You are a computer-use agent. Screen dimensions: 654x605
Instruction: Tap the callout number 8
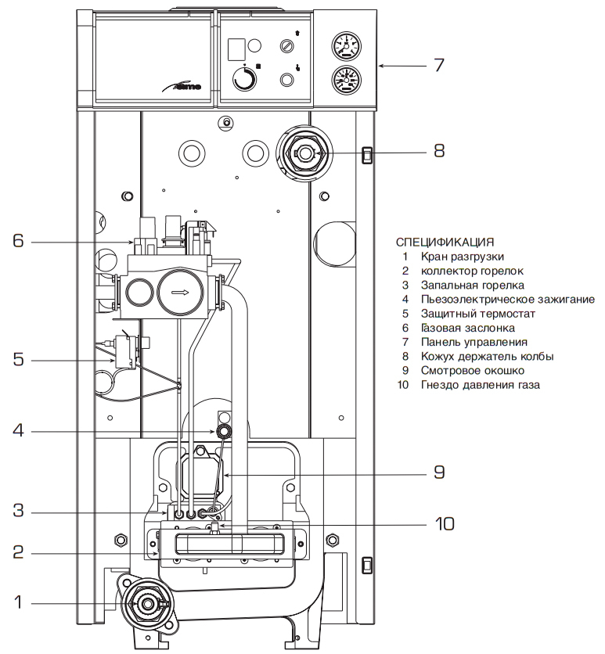point(438,150)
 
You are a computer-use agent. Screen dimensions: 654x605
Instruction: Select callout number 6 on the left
point(18,241)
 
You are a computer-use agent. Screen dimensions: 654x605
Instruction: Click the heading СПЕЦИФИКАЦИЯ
point(445,241)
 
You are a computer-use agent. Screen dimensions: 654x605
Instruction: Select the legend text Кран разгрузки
point(462,256)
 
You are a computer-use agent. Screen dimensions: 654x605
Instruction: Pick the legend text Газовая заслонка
point(467,328)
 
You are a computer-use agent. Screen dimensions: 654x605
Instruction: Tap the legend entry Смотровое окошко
point(472,370)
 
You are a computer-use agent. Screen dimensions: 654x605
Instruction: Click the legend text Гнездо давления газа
point(480,385)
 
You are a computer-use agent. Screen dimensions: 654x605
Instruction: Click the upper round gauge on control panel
point(345,47)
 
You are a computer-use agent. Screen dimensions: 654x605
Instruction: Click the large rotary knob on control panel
point(245,79)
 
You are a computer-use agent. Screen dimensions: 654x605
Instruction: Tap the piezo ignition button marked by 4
point(224,431)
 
